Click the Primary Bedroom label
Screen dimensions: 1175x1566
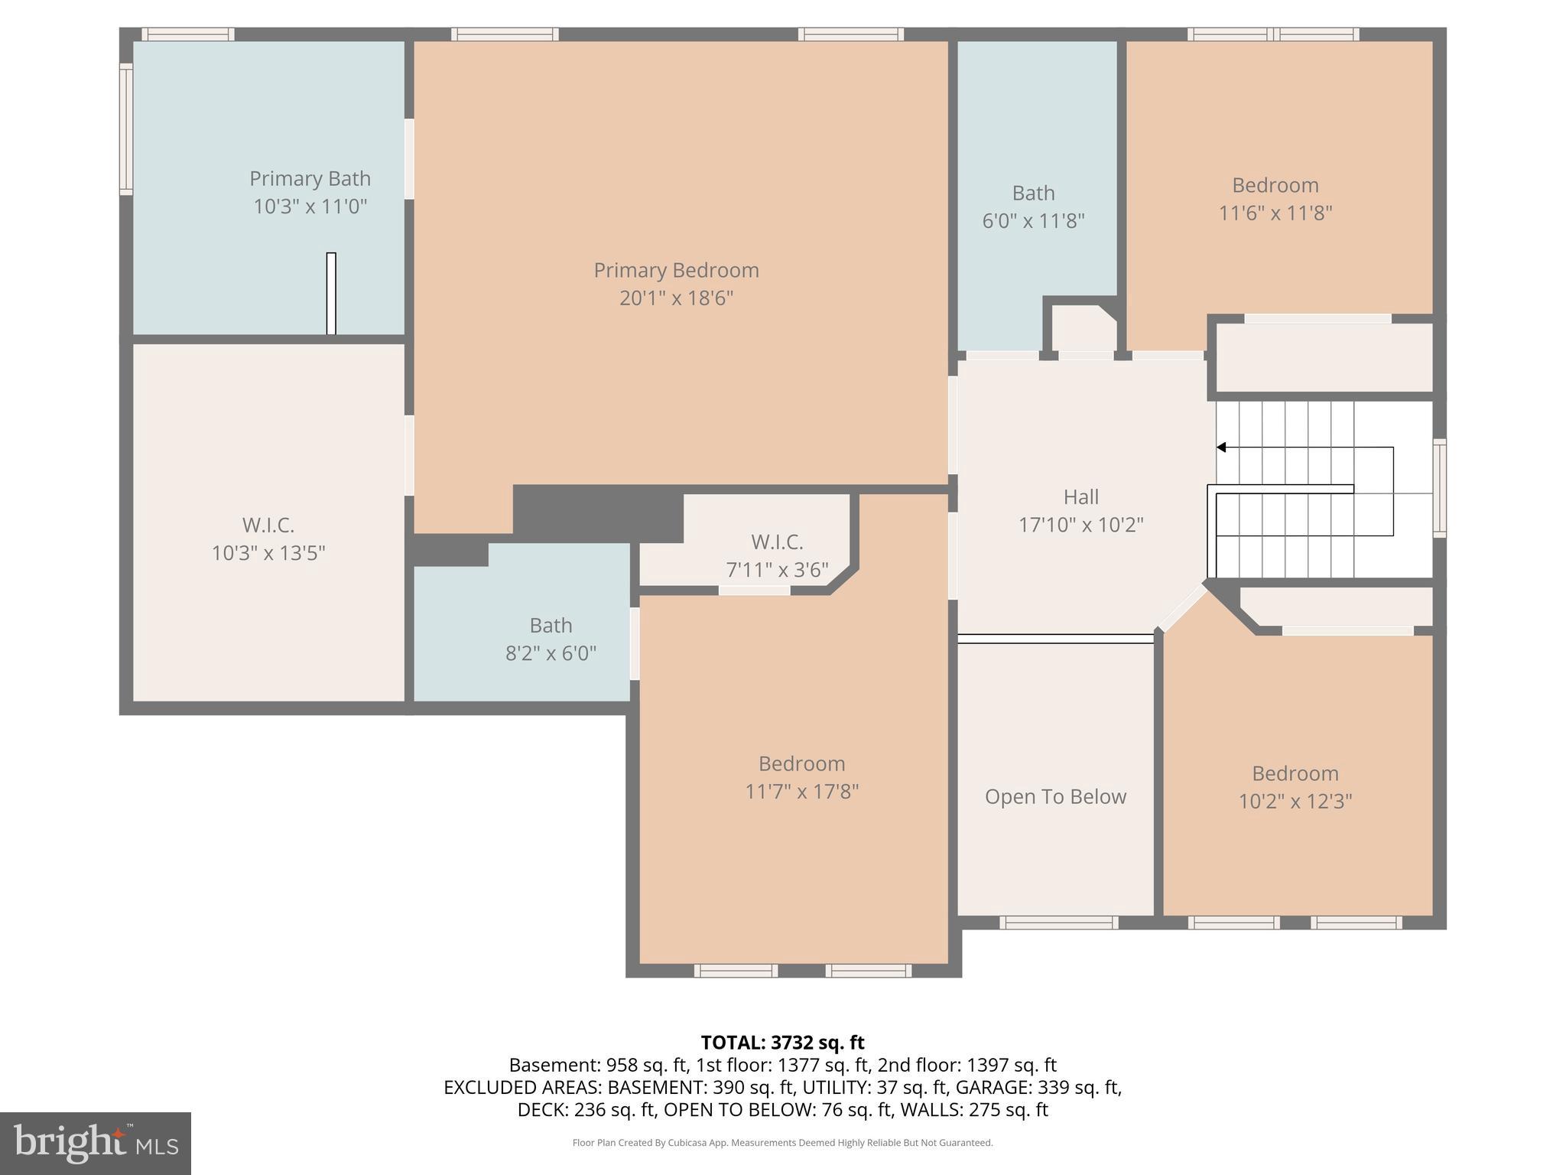click(676, 270)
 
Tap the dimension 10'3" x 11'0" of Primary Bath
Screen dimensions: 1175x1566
click(310, 207)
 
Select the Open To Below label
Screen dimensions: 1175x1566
click(1055, 796)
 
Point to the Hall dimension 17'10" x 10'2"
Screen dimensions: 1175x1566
click(1080, 525)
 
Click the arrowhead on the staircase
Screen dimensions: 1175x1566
click(1221, 448)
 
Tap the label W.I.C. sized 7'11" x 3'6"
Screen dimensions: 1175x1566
click(777, 542)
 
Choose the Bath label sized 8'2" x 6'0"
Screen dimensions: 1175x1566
click(551, 625)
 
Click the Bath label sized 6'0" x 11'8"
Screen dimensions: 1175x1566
click(1033, 193)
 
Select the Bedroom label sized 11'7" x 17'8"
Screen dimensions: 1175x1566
click(801, 763)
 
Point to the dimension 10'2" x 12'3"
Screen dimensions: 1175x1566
click(1295, 801)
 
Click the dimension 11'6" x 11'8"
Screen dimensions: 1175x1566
click(1275, 213)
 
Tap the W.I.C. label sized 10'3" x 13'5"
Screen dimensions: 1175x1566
click(268, 525)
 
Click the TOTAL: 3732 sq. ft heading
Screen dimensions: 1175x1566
click(782, 1043)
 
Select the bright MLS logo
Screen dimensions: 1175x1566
click(95, 1143)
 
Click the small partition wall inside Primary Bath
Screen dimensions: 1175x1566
click(331, 293)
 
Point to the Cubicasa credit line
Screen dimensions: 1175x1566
click(782, 1143)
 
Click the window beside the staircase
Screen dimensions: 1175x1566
click(1439, 487)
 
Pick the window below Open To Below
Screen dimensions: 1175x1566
click(1058, 923)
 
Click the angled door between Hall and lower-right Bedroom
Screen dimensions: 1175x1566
click(1182, 609)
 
